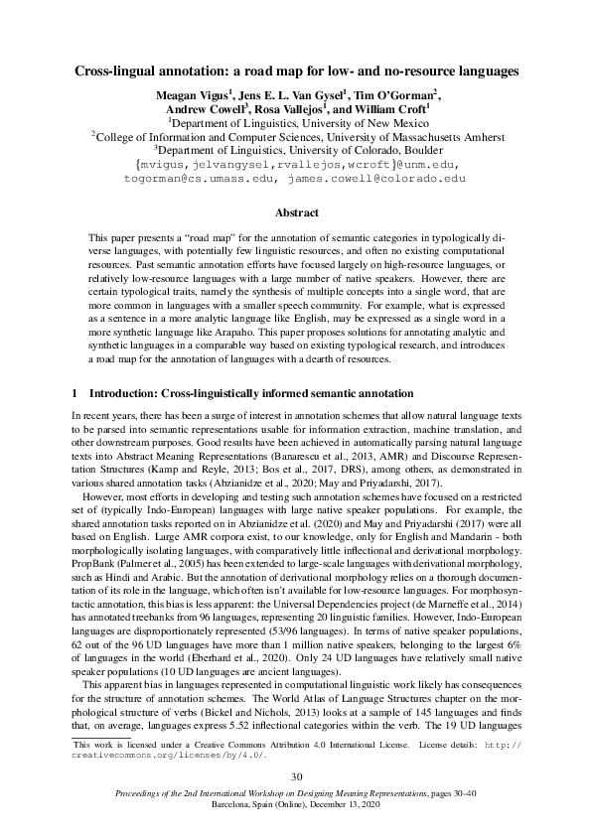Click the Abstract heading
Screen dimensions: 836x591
click(x=295, y=212)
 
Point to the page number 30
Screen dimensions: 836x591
click(x=295, y=776)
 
